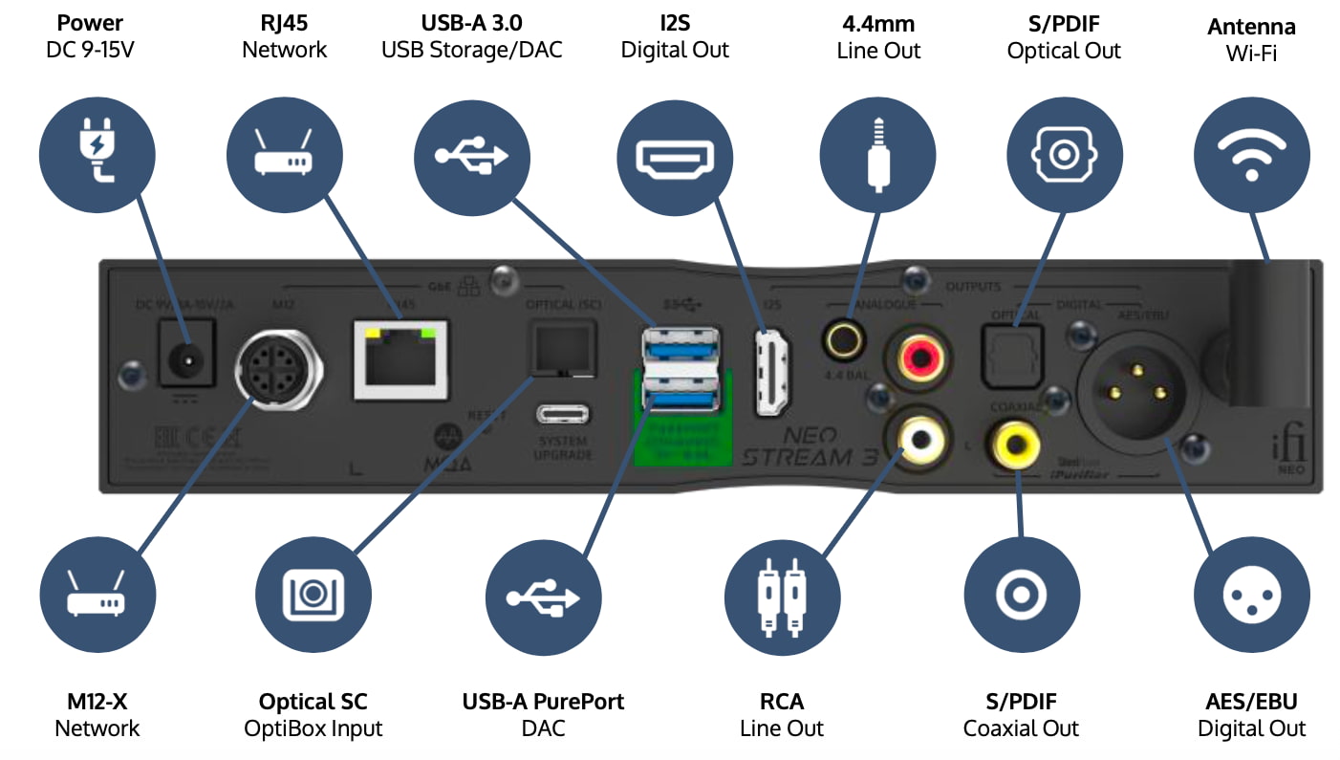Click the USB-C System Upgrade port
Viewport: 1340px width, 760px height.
(x=563, y=415)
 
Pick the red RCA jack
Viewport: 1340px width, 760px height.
(x=919, y=359)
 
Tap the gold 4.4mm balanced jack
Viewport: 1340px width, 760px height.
(x=845, y=337)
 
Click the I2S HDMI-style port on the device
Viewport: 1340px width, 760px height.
(x=772, y=372)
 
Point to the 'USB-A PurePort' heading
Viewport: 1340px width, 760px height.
(x=543, y=701)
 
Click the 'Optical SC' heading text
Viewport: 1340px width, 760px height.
(x=313, y=701)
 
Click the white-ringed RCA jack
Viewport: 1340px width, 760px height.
(x=919, y=439)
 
